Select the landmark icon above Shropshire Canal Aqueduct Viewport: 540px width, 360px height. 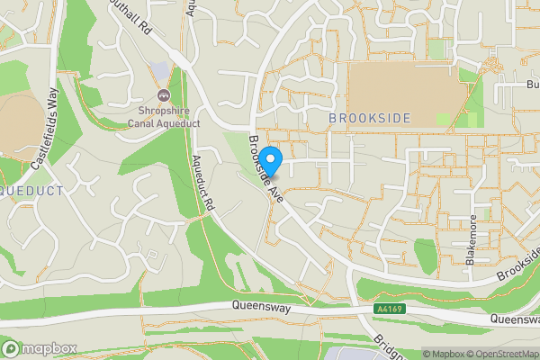164,94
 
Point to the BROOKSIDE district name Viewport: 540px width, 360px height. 369,119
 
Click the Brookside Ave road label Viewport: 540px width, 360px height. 267,168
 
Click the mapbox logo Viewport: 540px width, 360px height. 40,348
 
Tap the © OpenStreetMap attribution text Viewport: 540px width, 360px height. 499,354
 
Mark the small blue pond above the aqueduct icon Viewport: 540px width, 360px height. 160,70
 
